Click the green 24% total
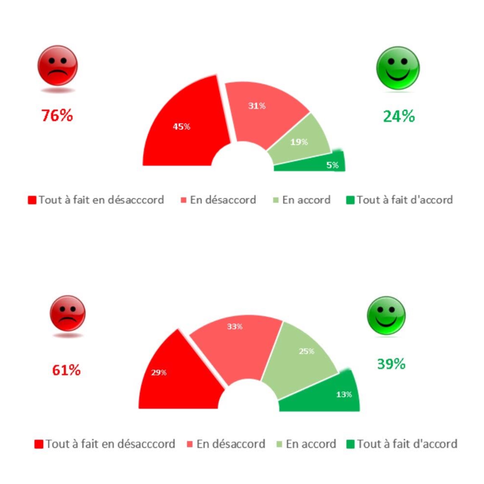[x=399, y=117]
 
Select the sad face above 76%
[x=58, y=66]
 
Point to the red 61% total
[x=66, y=370]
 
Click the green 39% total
[x=391, y=364]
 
